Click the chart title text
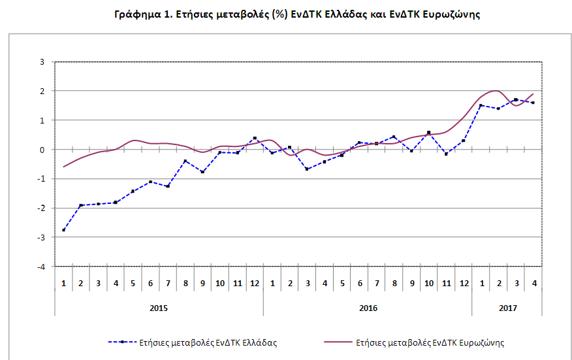tap(297, 14)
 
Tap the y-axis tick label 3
tap(42, 62)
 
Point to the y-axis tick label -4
tap(41, 267)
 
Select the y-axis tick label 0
tap(42, 150)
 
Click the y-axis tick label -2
tap(41, 208)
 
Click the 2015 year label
tap(159, 308)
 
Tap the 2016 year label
tap(368, 308)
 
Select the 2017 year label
tap(508, 308)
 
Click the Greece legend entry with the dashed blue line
tap(193, 342)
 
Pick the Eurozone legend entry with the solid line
tap(415, 342)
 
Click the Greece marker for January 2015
tap(64, 230)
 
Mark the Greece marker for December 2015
tap(255, 138)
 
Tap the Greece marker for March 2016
tap(307, 169)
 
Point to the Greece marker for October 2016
tap(428, 132)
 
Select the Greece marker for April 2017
tap(533, 103)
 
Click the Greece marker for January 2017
tap(481, 106)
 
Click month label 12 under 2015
tap(255, 284)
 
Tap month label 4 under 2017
tap(534, 284)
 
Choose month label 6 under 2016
tap(360, 284)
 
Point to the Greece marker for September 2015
tap(203, 172)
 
